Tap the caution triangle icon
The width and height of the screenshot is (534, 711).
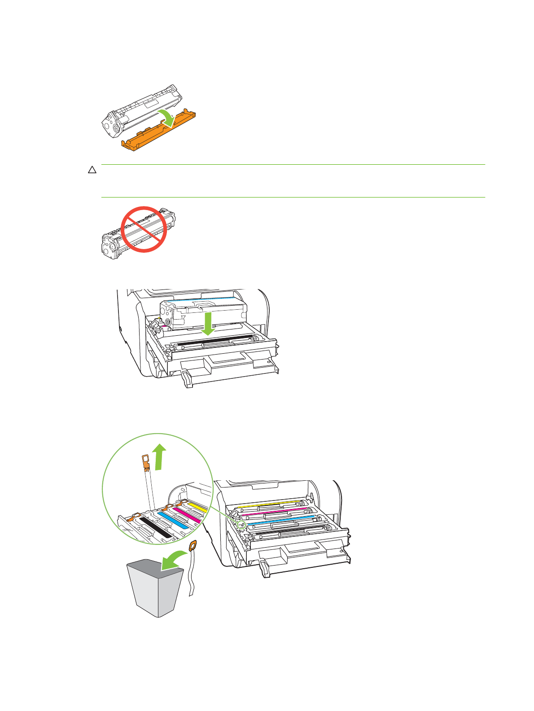tap(92, 170)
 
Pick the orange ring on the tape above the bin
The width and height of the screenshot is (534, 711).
tap(193, 546)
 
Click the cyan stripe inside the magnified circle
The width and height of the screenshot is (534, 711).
tap(172, 520)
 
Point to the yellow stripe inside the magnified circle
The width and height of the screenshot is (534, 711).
tap(197, 508)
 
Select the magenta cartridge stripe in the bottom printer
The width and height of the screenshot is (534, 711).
tap(274, 510)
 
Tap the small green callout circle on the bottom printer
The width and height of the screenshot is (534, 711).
tap(241, 523)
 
